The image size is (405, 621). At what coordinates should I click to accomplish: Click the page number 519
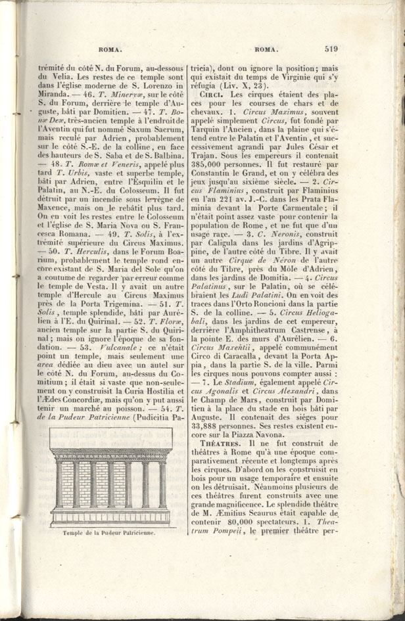click(x=330, y=48)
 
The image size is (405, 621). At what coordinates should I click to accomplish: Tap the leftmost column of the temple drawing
click(x=59, y=484)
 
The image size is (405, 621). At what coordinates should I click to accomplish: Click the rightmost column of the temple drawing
click(x=162, y=484)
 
